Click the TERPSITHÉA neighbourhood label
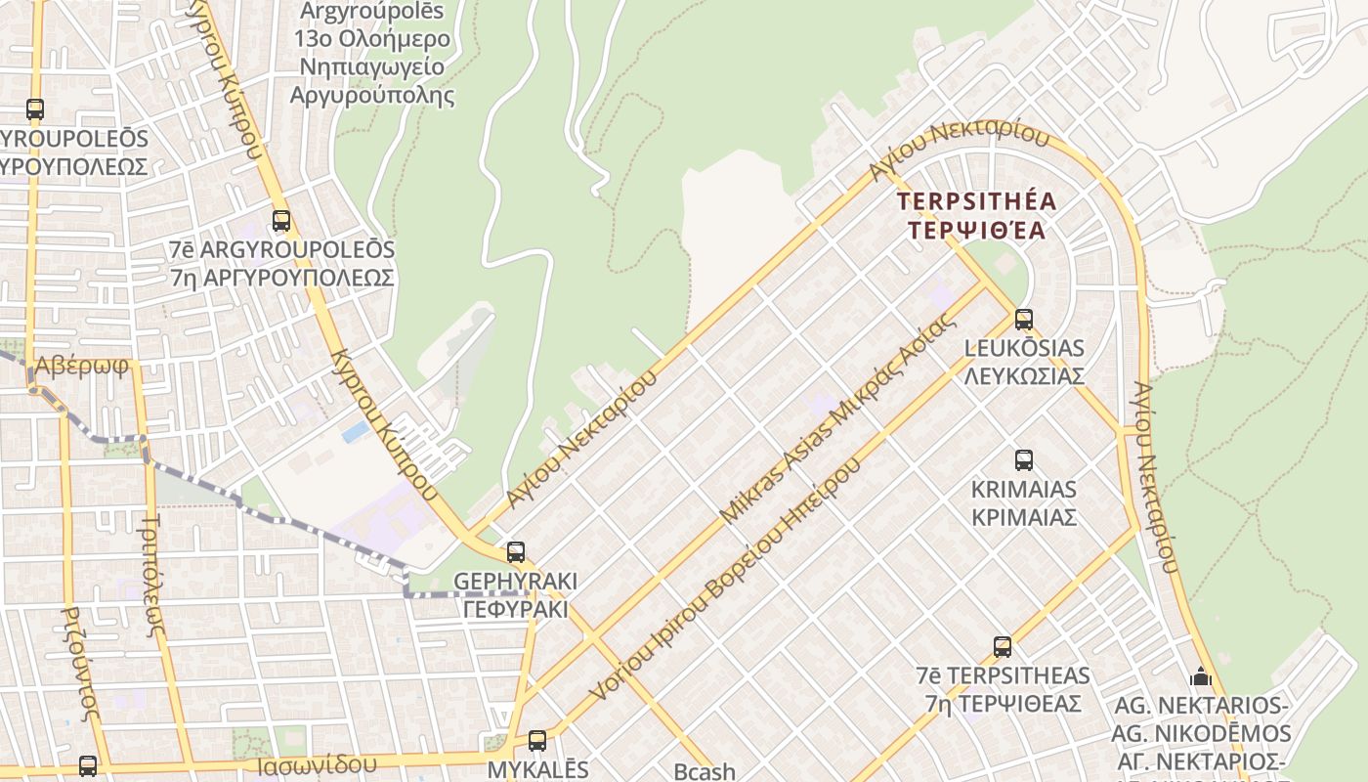click(977, 202)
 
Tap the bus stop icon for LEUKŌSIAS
click(1023, 319)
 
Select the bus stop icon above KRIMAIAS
click(1023, 459)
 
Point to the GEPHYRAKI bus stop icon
click(516, 551)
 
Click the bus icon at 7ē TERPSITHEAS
click(1003, 646)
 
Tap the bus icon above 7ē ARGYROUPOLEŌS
click(281, 221)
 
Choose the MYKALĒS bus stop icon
click(537, 740)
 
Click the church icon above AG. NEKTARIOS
click(1201, 676)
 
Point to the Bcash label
click(705, 771)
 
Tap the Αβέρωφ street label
click(82, 367)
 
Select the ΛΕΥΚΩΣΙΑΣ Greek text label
click(1024, 375)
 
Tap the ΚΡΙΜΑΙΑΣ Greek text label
click(1024, 516)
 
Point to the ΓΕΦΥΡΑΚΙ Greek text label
click(515, 608)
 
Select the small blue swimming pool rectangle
click(356, 432)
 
